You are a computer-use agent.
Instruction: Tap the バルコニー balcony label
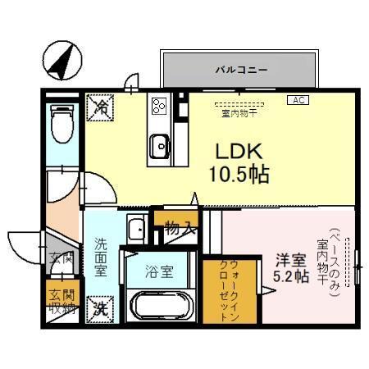[x=242, y=70]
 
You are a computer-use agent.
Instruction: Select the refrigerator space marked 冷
[x=101, y=106]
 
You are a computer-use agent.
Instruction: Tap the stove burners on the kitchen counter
[x=159, y=106]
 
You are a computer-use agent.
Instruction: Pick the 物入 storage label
[x=180, y=228]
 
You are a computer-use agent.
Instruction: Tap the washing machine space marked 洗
[x=99, y=308]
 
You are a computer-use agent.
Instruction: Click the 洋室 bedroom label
[x=291, y=258]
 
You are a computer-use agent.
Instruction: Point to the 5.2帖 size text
[x=291, y=276]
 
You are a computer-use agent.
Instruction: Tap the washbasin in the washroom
[x=135, y=229]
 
